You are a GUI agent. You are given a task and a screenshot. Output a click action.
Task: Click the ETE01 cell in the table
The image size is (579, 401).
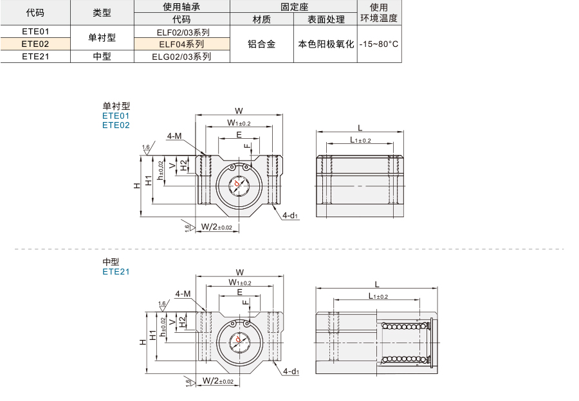coord(35,31)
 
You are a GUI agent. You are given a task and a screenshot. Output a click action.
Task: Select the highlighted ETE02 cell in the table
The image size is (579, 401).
coord(35,44)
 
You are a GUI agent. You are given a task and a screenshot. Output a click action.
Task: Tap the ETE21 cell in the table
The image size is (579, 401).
coord(35,56)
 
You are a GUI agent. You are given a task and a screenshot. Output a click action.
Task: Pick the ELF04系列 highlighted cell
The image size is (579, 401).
coord(181,44)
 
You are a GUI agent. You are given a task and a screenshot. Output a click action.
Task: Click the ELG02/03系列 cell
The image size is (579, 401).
coord(181,57)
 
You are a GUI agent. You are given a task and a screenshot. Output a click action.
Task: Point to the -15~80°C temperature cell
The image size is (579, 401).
coord(379,44)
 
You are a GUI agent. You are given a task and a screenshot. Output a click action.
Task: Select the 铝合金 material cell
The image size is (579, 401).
coord(261,44)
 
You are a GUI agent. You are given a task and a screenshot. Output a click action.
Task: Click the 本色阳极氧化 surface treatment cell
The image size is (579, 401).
coord(326,44)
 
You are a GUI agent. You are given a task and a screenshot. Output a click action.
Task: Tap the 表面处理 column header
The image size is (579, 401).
coord(326,19)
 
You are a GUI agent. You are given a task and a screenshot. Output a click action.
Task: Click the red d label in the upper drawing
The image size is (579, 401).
coord(237,183)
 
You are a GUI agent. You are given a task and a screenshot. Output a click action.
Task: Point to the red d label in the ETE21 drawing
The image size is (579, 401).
coord(238,339)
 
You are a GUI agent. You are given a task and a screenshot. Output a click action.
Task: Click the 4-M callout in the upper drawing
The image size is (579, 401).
coord(174,136)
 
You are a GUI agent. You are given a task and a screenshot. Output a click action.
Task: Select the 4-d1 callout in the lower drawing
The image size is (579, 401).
coord(291,371)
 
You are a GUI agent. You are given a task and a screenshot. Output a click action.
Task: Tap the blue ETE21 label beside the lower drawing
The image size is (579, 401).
coord(116,272)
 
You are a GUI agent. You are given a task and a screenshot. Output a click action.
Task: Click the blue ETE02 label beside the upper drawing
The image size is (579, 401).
coord(116,125)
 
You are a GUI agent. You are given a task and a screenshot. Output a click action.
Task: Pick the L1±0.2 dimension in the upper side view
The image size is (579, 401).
coord(360,140)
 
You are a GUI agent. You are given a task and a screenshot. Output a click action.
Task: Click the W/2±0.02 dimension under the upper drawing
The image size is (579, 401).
coord(217,227)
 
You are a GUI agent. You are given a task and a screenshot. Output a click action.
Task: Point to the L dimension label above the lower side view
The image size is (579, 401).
coord(377,284)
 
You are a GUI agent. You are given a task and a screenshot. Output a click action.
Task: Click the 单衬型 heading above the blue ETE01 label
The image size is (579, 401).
coord(116,106)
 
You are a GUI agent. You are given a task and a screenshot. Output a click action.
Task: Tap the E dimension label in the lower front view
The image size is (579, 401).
coord(240,292)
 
